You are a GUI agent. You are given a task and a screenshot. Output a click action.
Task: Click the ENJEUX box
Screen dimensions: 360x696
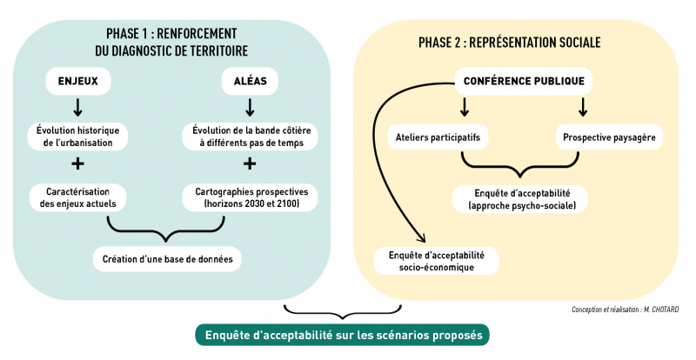[x=77, y=83]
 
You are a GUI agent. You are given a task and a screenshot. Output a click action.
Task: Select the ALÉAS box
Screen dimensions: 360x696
[x=250, y=83]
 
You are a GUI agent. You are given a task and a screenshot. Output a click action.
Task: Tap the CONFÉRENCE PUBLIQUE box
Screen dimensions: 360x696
[x=525, y=83]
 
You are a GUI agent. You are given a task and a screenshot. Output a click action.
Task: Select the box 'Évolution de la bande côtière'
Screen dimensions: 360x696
[x=250, y=137]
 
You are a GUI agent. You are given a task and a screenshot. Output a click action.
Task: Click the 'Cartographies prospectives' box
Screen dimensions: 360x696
[x=250, y=197]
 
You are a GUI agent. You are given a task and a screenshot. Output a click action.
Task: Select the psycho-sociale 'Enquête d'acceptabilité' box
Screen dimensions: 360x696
[x=521, y=198]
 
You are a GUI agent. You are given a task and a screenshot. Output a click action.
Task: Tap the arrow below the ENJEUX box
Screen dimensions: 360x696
[x=77, y=108]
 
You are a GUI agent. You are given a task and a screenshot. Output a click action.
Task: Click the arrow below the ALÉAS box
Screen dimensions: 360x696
[x=250, y=108]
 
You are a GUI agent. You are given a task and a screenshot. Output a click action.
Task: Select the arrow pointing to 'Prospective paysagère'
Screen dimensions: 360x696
[x=583, y=107]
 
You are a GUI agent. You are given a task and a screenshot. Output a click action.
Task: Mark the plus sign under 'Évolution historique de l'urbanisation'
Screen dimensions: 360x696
[x=77, y=164]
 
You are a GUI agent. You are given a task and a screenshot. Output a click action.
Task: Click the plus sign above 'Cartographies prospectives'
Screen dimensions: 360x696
[x=250, y=164]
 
